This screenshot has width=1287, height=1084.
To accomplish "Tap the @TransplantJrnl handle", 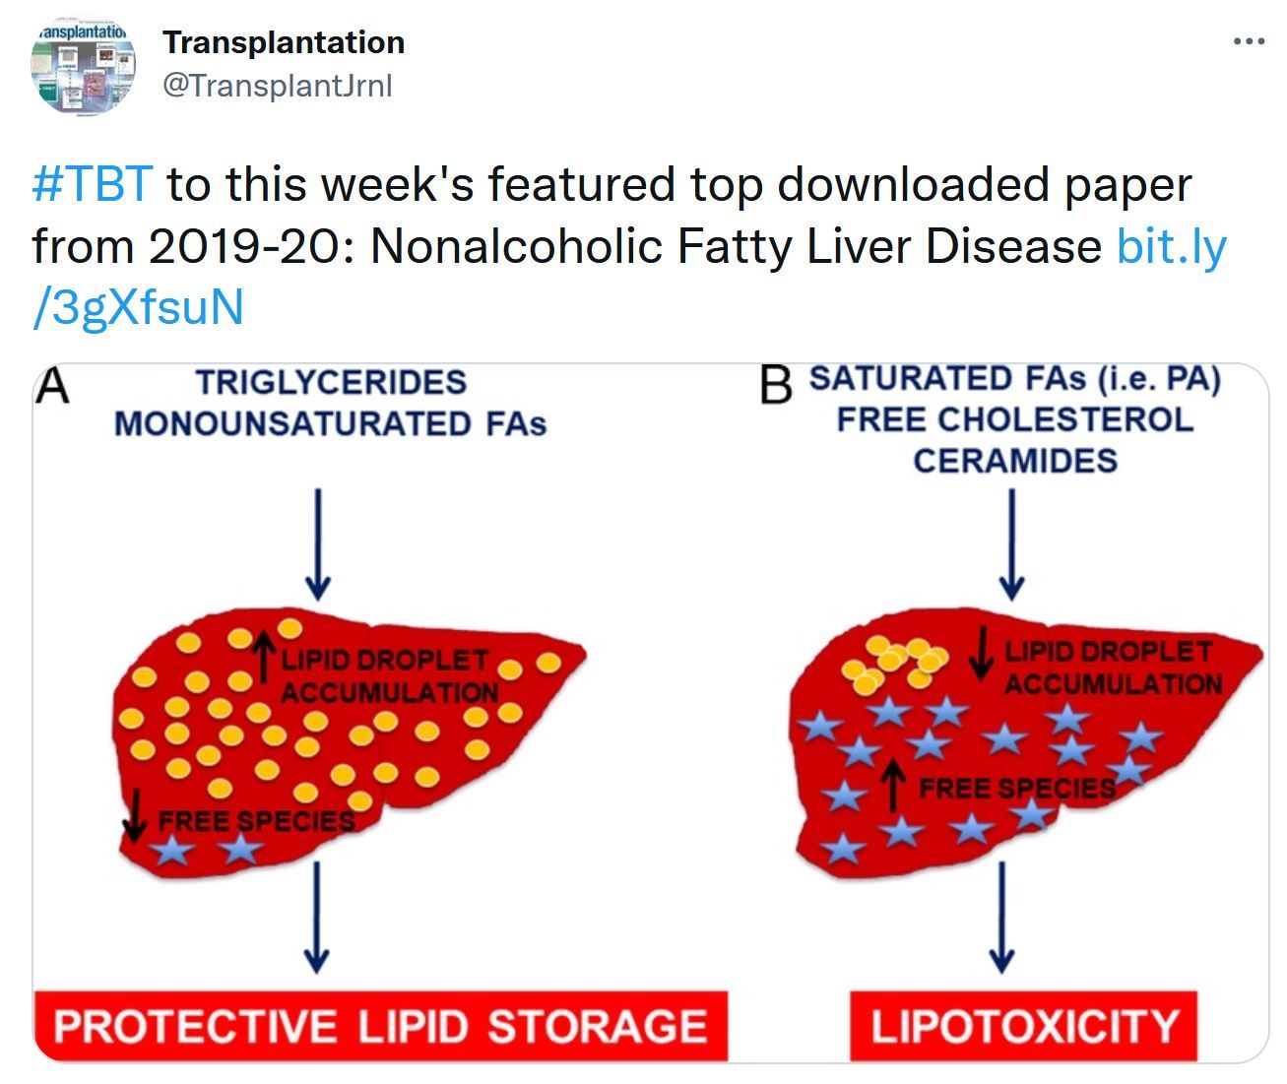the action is click(278, 85).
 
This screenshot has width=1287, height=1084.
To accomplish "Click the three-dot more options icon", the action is click(1249, 42).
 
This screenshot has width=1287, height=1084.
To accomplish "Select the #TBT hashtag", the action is click(93, 184).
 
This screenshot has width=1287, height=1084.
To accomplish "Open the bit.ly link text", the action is click(629, 276).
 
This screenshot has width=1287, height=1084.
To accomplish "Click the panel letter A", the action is click(52, 386).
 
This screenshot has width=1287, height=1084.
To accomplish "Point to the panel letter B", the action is click(775, 385).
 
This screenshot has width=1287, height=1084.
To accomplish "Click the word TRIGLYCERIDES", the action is click(332, 382).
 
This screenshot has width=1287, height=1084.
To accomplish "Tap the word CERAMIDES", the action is click(1015, 461).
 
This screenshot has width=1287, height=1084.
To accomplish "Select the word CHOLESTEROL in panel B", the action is click(1066, 419).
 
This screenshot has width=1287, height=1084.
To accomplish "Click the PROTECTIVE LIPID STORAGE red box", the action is click(381, 1026).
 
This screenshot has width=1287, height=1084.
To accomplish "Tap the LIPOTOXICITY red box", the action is click(1023, 1026).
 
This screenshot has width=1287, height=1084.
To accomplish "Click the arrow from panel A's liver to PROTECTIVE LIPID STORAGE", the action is click(317, 917).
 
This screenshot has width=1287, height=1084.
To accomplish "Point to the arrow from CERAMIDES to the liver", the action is click(1011, 544).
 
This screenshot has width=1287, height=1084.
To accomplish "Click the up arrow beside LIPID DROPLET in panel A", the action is click(265, 658).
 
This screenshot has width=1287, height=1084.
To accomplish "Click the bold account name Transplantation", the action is click(284, 42).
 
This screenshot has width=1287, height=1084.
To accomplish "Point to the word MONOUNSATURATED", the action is click(292, 424).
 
